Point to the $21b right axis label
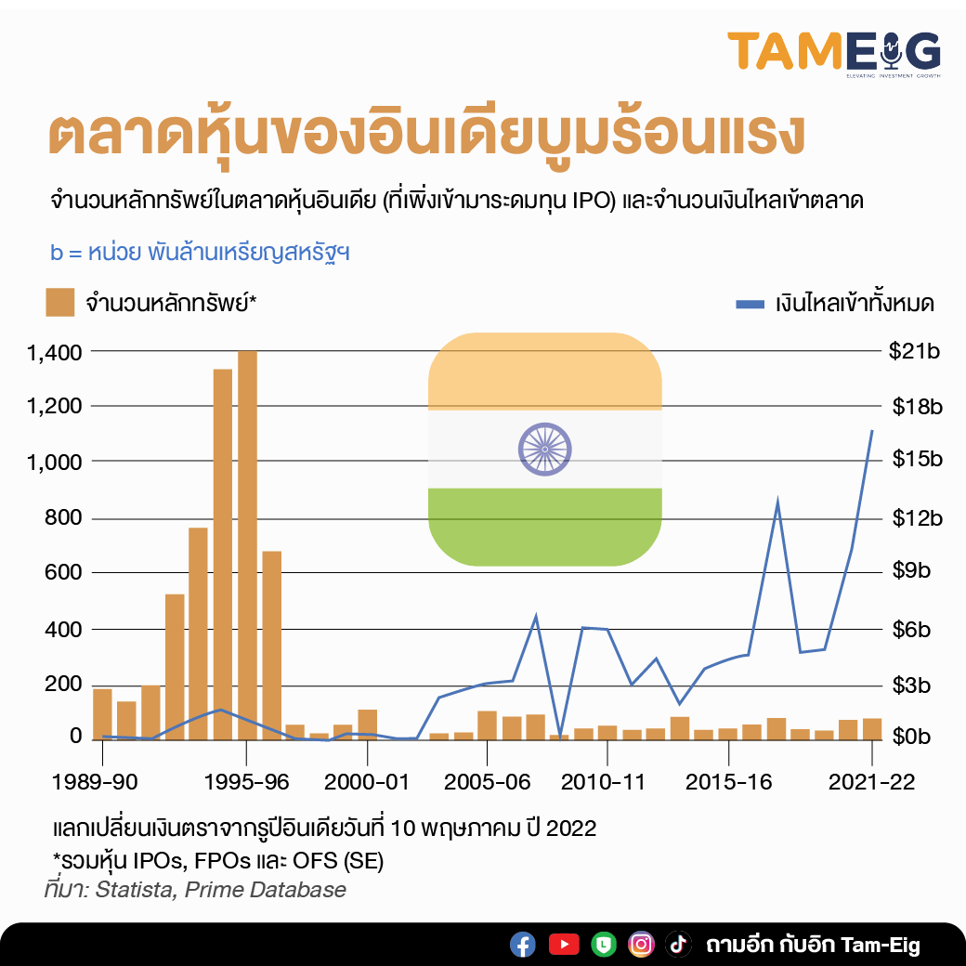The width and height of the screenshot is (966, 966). (916, 352)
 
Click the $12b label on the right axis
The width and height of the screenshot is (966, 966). (916, 518)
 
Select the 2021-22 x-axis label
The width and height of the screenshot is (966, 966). (872, 782)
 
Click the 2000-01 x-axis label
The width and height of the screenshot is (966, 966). (369, 782)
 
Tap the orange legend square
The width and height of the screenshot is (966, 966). (59, 303)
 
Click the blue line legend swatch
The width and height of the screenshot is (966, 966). (749, 304)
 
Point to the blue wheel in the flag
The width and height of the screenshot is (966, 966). (544, 449)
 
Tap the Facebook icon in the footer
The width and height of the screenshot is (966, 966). (523, 945)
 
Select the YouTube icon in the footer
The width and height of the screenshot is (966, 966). (564, 945)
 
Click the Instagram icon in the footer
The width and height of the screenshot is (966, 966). (641, 945)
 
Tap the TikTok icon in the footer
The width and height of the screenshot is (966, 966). (678, 945)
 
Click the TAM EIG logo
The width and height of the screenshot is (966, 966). (833, 52)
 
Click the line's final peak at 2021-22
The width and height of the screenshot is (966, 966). (871, 430)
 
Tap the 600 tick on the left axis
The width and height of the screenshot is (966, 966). (64, 573)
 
